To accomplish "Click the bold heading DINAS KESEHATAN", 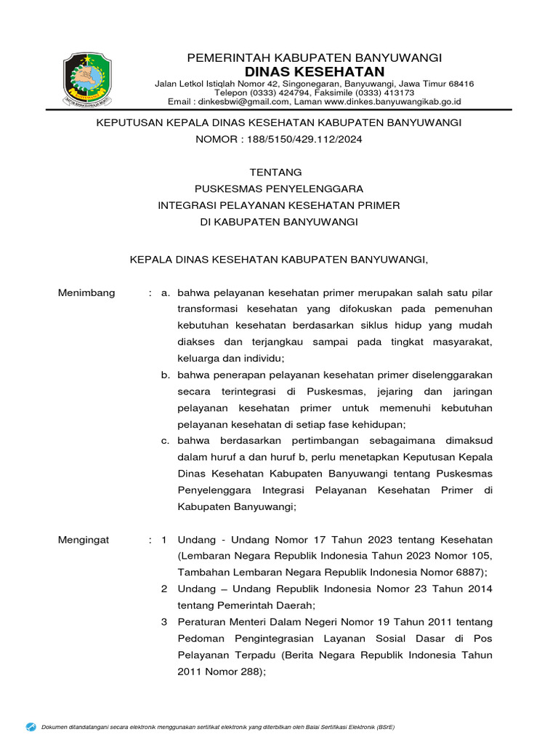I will pyautogui.click(x=315, y=71).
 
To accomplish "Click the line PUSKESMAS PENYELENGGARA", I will pyautogui.click(x=279, y=188).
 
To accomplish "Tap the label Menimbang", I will pyautogui.click(x=86, y=292).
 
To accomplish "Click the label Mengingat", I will pyautogui.click(x=84, y=540).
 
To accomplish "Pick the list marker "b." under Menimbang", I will pyautogui.click(x=166, y=375).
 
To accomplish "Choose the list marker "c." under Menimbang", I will pyautogui.click(x=166, y=441).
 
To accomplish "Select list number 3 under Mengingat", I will pyautogui.click(x=164, y=621).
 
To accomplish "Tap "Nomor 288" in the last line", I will pyautogui.click(x=231, y=672).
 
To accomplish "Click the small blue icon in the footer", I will pyautogui.click(x=31, y=726).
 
